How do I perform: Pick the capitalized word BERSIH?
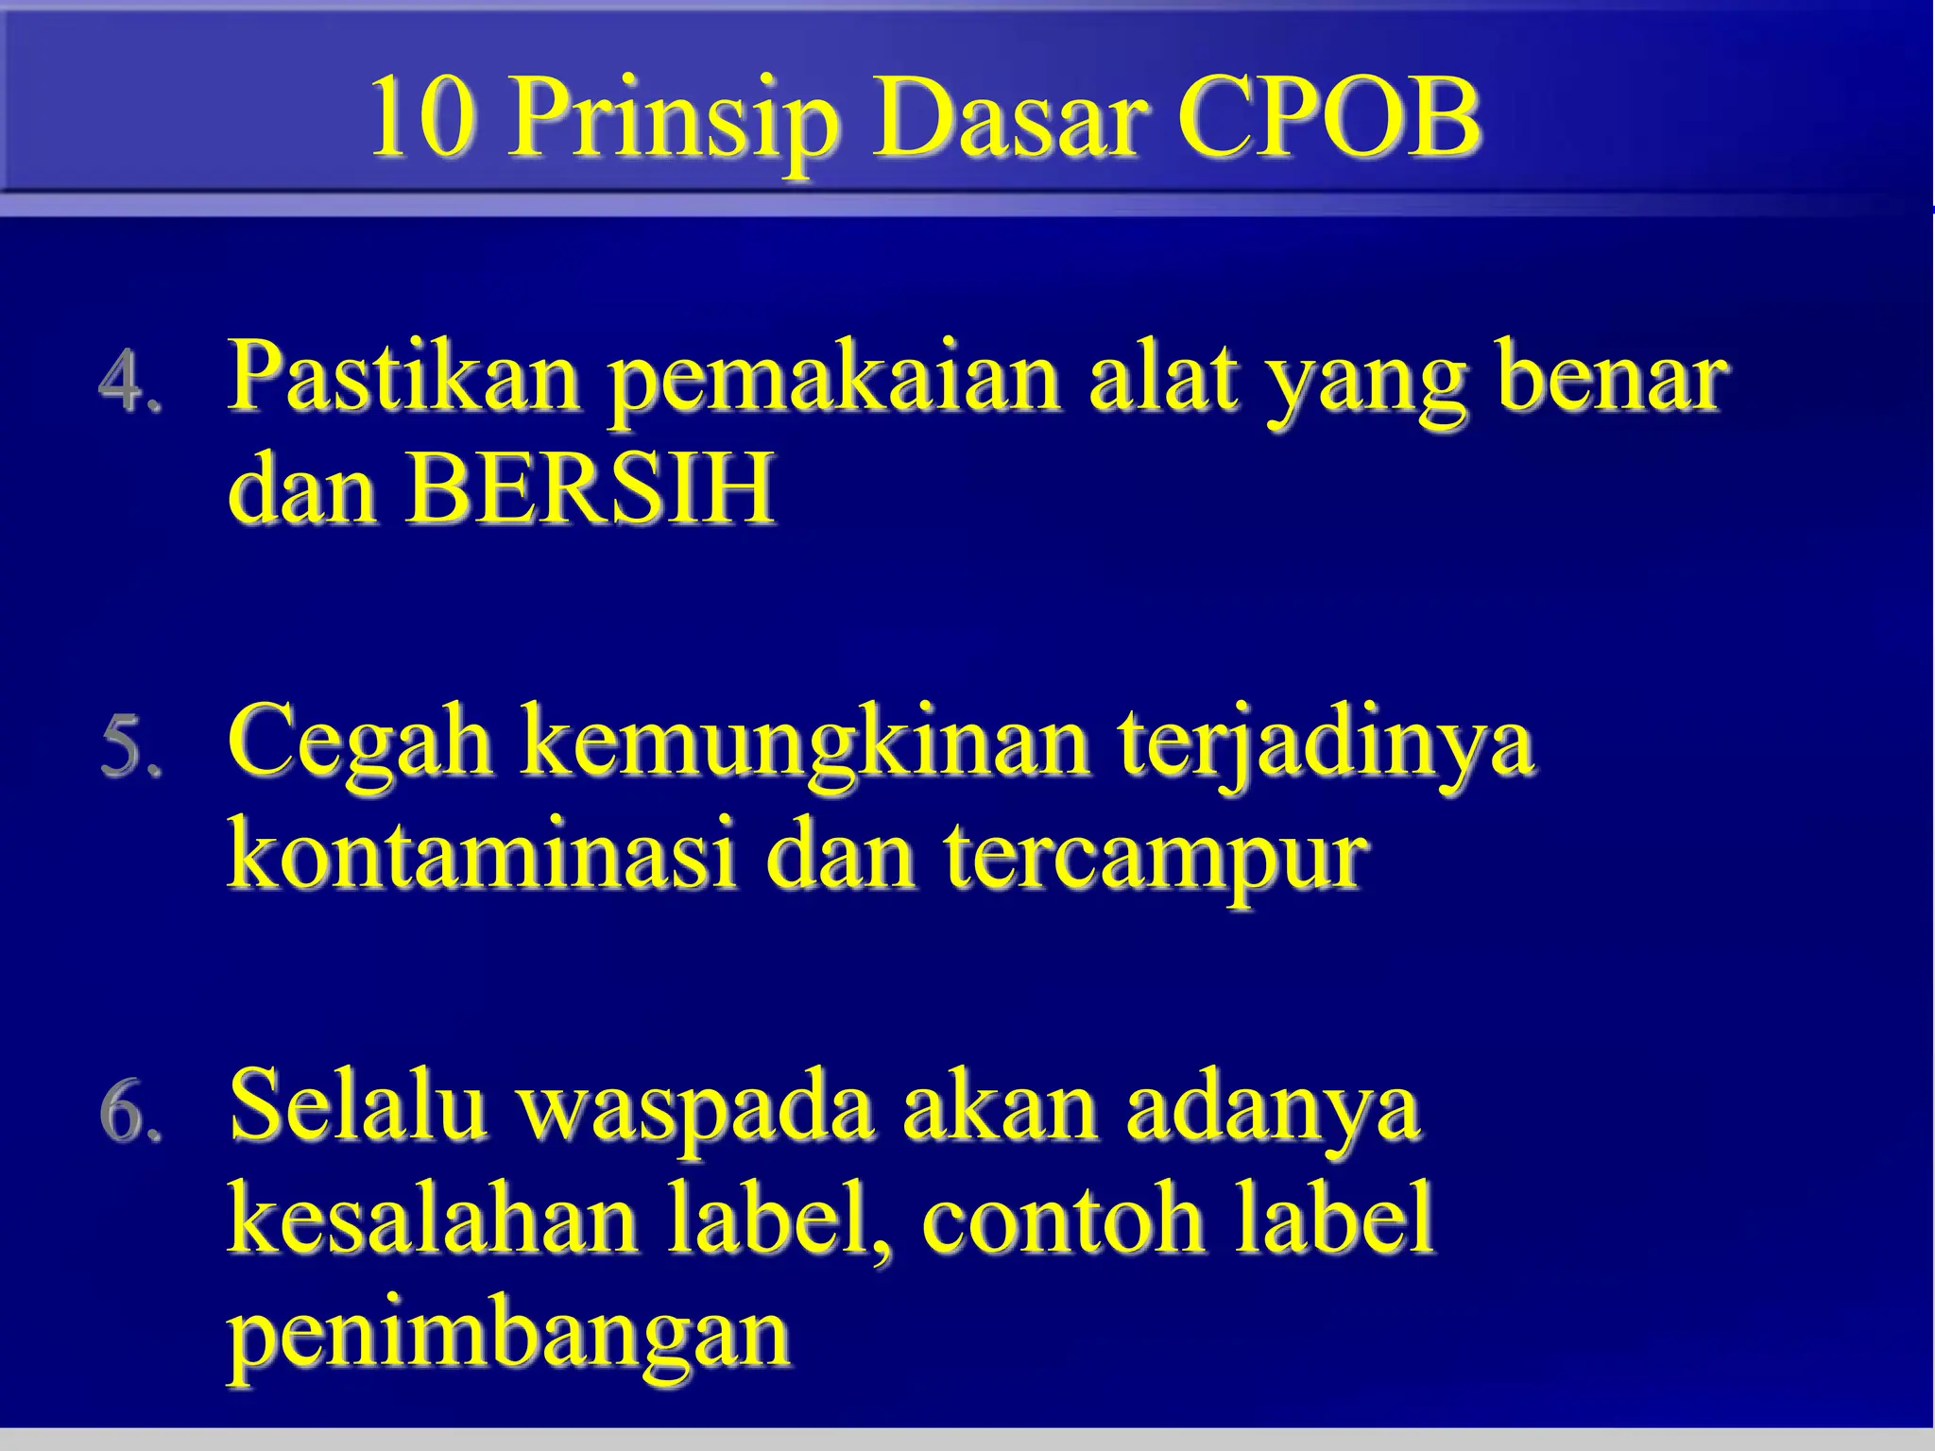(x=591, y=490)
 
